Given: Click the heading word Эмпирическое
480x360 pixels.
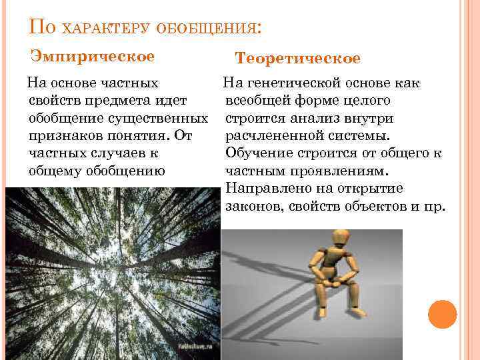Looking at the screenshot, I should (x=93, y=56).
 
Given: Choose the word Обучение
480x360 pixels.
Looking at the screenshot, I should (x=255, y=153).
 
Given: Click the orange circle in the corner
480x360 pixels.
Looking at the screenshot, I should (x=441, y=314).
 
